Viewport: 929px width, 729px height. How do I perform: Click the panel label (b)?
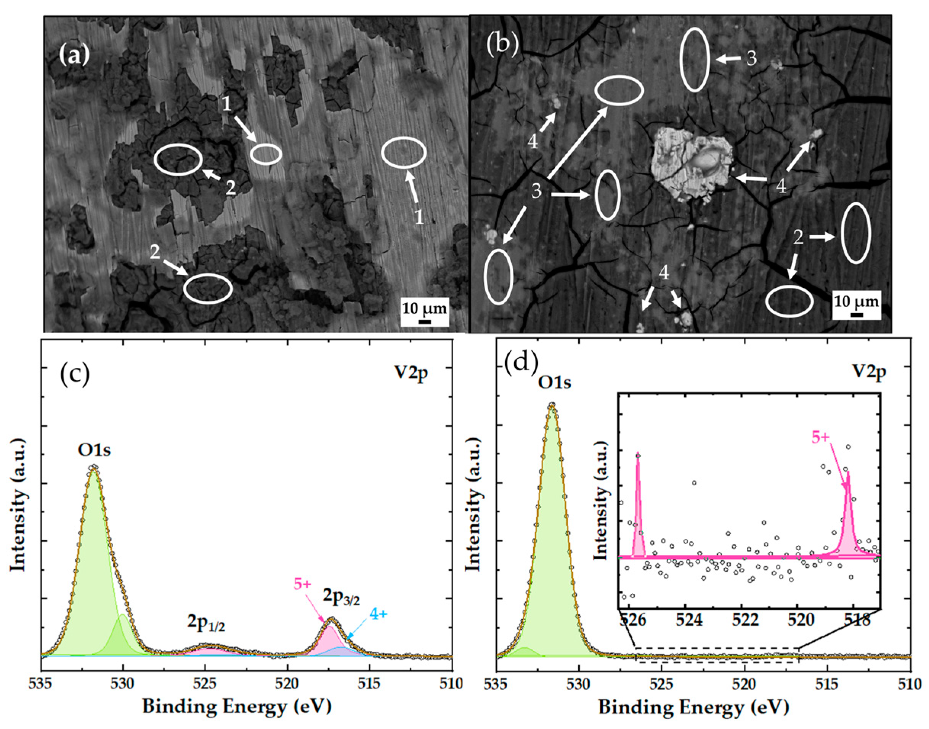click(x=502, y=46)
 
